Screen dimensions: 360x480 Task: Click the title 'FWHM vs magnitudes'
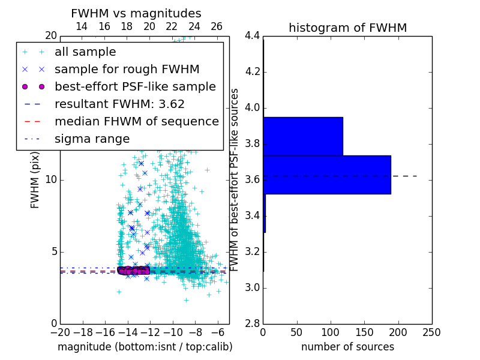136,13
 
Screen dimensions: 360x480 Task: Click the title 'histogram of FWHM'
347,28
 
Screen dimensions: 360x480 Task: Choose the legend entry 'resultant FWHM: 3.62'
119,104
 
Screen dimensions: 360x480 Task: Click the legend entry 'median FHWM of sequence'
136,121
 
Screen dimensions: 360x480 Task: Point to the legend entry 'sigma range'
92,139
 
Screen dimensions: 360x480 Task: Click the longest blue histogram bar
327,175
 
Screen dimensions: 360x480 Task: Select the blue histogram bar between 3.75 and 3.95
303,136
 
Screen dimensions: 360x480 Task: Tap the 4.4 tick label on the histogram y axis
253,36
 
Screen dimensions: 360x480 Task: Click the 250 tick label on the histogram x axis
431,332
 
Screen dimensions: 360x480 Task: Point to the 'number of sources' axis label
347,347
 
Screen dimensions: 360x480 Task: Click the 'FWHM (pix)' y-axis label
35,180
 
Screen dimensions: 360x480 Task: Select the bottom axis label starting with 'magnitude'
145,347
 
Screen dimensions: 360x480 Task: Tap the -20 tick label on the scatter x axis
60,332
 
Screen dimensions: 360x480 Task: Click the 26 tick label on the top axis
217,26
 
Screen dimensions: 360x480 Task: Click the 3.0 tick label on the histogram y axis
253,287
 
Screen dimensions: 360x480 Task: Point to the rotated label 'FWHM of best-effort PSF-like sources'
235,180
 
